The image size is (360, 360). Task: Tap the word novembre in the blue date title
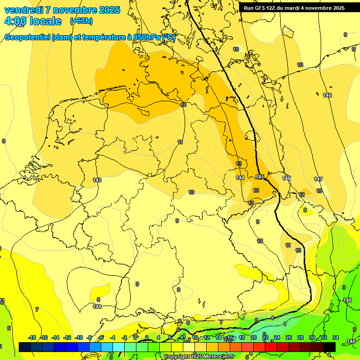pos(75,10)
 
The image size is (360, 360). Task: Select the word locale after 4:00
pos(44,22)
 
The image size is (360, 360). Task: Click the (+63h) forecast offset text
pos(81,21)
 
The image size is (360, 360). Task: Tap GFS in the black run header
pos(261,8)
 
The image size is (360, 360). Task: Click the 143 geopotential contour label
pos(97,180)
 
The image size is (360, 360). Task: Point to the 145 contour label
pos(260,177)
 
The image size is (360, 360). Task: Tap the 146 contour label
pos(286,178)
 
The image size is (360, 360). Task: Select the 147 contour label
pos(318,180)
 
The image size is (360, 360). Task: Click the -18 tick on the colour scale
pos(32,337)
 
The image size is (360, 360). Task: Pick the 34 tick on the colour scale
pos(336,337)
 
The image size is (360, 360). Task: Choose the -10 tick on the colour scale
pos(79,337)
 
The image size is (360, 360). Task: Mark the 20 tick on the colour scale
pos(254,337)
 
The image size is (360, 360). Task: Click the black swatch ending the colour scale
pos(330,346)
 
